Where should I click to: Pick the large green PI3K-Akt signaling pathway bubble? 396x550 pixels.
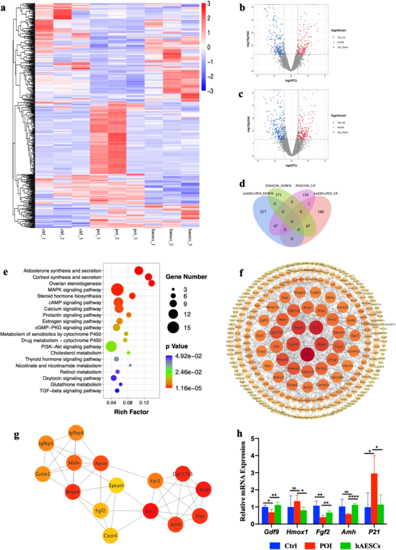click(111, 347)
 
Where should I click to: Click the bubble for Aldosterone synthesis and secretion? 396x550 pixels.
click(138, 271)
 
